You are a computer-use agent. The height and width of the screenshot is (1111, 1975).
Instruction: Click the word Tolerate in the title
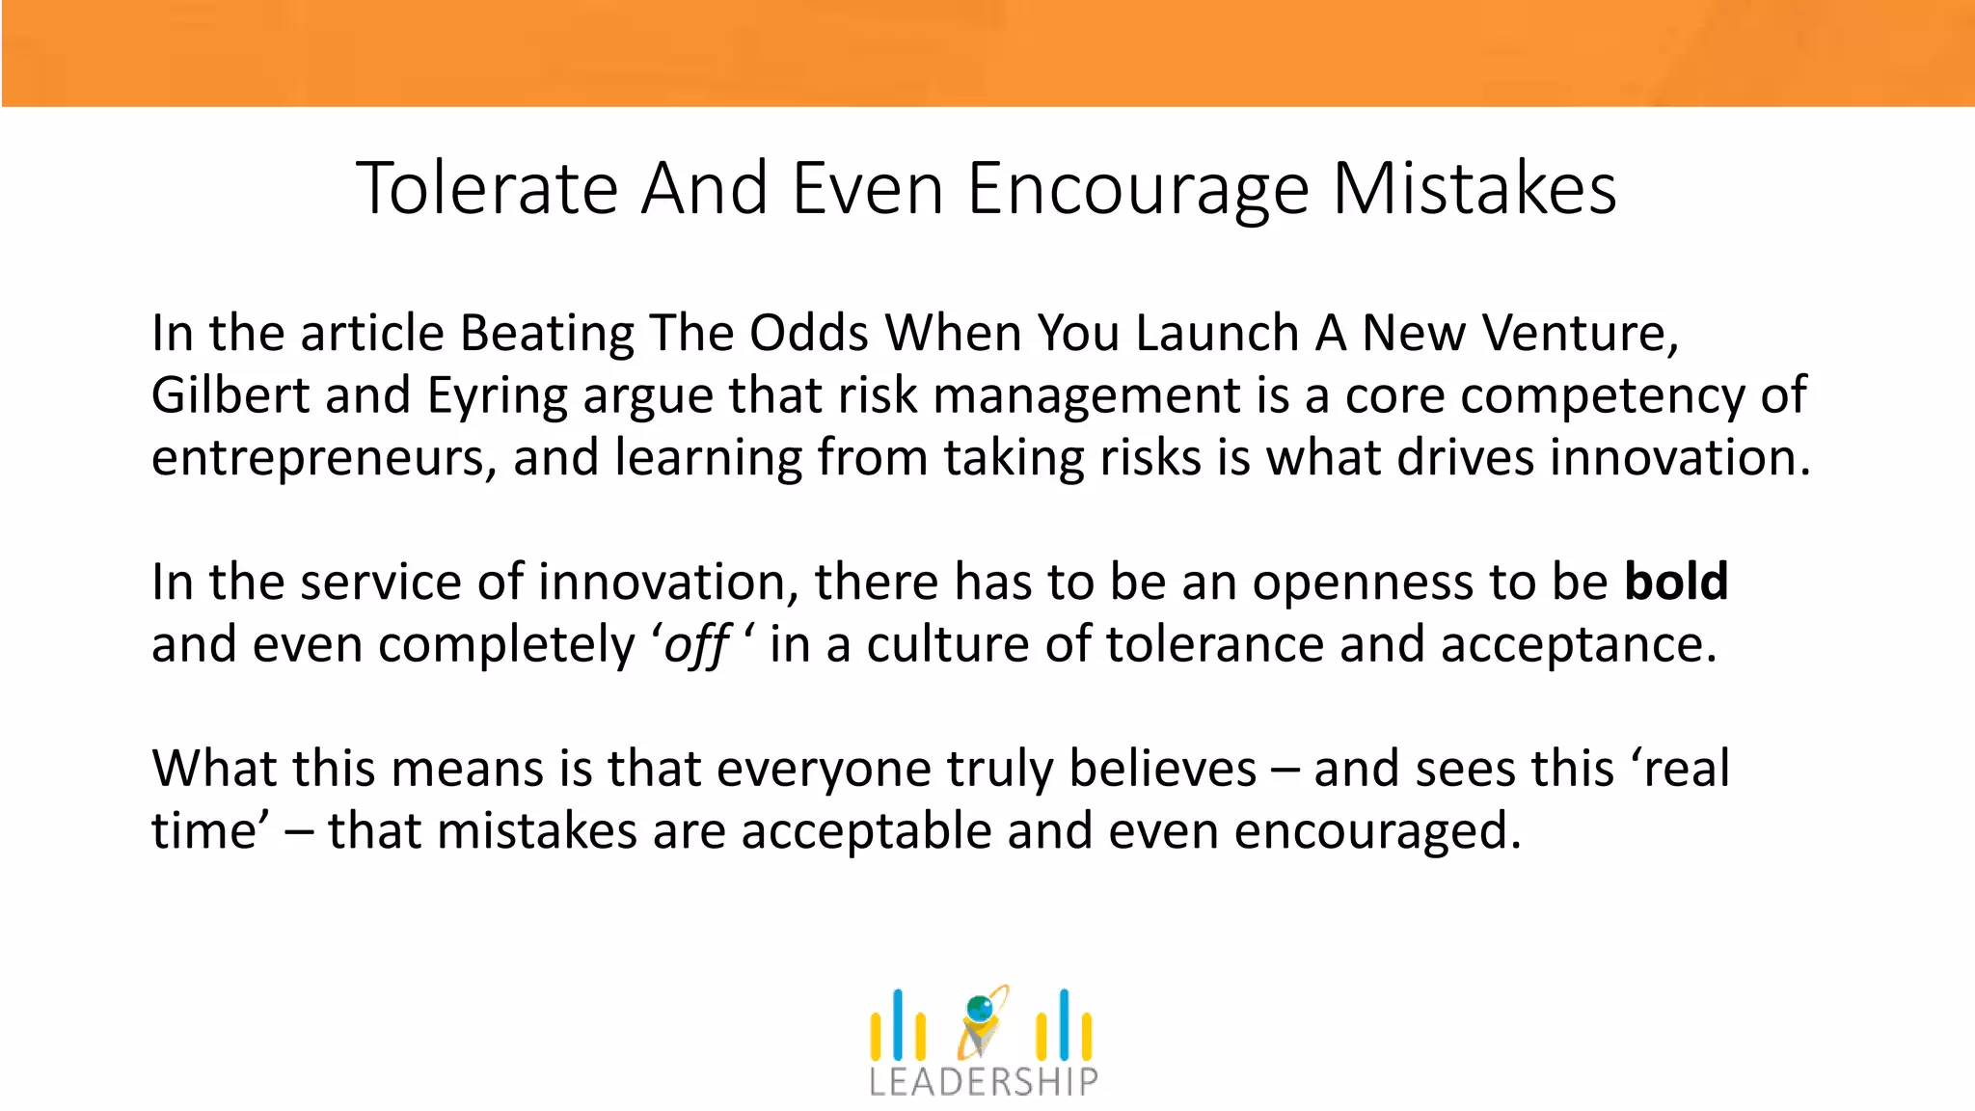(487, 188)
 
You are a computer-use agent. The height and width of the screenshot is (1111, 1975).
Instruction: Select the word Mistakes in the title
(1474, 188)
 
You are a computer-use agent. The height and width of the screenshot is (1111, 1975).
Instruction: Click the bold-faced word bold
(1676, 582)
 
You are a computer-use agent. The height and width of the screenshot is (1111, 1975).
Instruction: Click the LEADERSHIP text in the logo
(983, 1082)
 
